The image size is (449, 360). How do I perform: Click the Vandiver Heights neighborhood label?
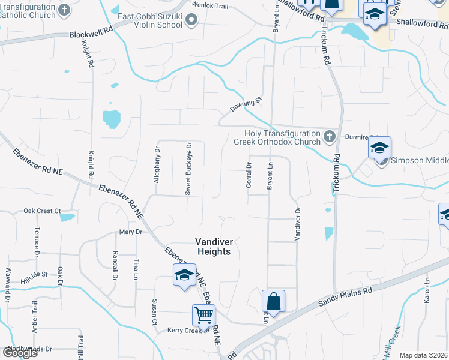(x=213, y=247)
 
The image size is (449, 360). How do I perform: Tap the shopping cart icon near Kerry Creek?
(x=203, y=315)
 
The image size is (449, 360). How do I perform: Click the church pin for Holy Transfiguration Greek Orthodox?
(x=328, y=137)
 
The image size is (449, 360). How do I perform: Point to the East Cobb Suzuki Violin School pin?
(x=191, y=20)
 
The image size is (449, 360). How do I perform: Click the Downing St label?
(x=246, y=104)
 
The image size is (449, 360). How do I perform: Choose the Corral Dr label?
(x=249, y=175)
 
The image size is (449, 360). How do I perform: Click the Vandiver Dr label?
(x=297, y=224)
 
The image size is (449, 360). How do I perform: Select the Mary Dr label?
(x=130, y=232)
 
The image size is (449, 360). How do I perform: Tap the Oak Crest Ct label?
(x=42, y=211)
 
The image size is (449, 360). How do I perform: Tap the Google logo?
(x=20, y=353)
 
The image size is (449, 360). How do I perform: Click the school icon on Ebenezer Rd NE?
(x=184, y=275)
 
